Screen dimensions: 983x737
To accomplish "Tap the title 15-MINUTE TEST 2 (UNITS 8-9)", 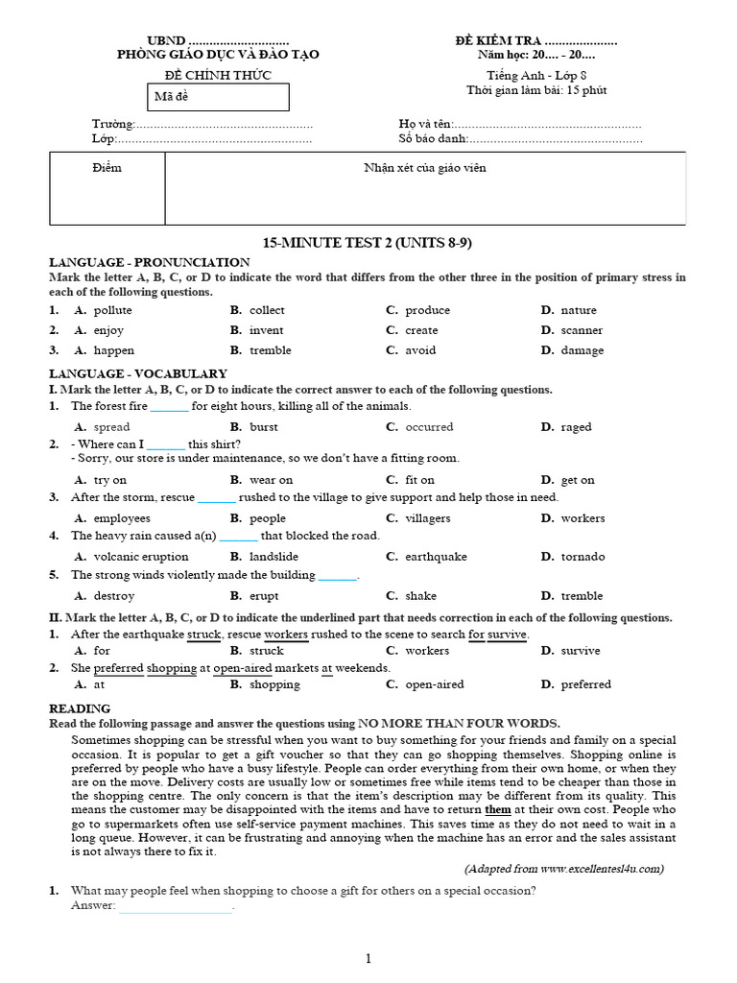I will (368, 243).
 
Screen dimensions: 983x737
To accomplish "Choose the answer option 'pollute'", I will (112, 310).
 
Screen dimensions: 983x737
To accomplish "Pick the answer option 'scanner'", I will (582, 330).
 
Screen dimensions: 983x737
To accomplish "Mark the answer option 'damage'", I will (582, 350).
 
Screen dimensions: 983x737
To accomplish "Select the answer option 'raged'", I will (576, 427).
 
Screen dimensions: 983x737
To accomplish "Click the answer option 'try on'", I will (109, 479).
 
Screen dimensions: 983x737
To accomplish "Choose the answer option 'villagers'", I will (427, 518).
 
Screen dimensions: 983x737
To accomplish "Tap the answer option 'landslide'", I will (273, 557).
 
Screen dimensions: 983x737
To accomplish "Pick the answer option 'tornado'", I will (582, 557).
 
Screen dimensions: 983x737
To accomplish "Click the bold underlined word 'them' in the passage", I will (498, 809).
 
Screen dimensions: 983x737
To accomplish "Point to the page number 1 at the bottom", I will (368, 958).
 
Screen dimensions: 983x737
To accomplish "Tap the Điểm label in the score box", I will (107, 168).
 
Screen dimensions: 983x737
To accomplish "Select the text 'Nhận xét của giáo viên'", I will (424, 168).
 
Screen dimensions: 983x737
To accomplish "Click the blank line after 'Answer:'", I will (175, 906).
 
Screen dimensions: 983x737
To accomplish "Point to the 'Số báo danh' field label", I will (433, 139).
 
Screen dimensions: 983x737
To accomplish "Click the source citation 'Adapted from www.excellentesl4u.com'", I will (564, 869).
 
